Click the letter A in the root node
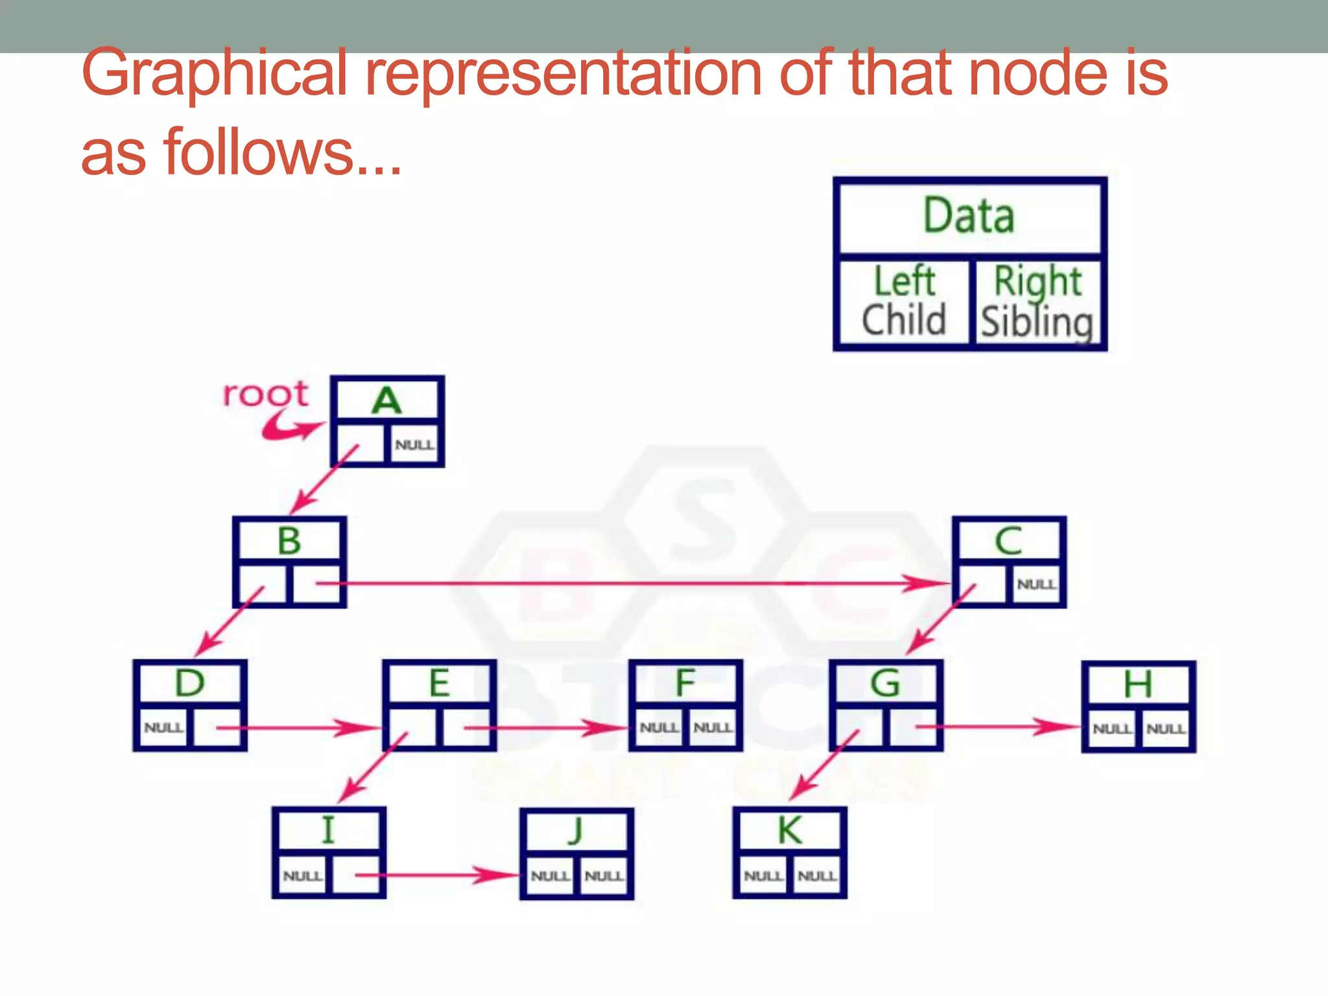coord(386,400)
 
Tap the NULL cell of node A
coord(414,445)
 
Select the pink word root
coord(265,394)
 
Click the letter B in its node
coord(289,541)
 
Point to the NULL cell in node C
coord(1036,584)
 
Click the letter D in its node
coord(189,683)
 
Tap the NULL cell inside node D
coord(163,728)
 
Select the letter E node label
coord(440,683)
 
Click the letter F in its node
coord(685,683)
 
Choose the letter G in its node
coord(885,683)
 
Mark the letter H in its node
coord(1138,684)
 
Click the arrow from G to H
coord(999,727)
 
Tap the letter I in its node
coord(328,830)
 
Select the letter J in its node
coord(576,831)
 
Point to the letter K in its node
coord(790,830)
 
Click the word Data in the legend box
coord(969,216)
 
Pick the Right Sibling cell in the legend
coord(1037,302)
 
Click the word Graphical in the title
coord(215,73)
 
